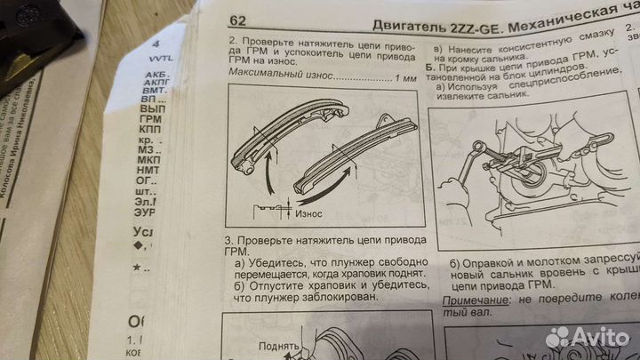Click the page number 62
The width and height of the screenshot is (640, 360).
(238, 20)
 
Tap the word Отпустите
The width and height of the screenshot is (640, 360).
(276, 287)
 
